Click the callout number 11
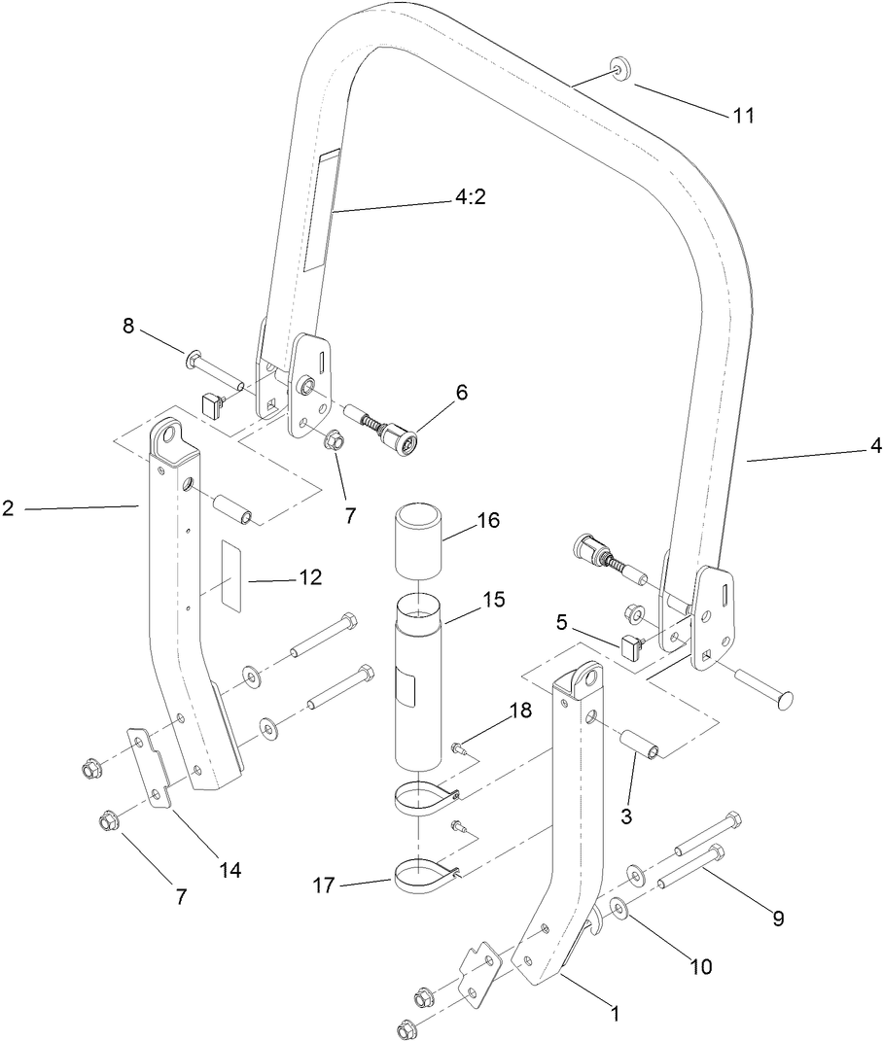[744, 115]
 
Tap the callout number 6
[461, 393]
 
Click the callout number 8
[128, 326]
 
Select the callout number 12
[310, 577]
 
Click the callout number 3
[625, 816]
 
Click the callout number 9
[777, 917]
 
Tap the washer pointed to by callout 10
[618, 910]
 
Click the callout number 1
[614, 1013]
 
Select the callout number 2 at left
[8, 507]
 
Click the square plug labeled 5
[630, 643]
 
